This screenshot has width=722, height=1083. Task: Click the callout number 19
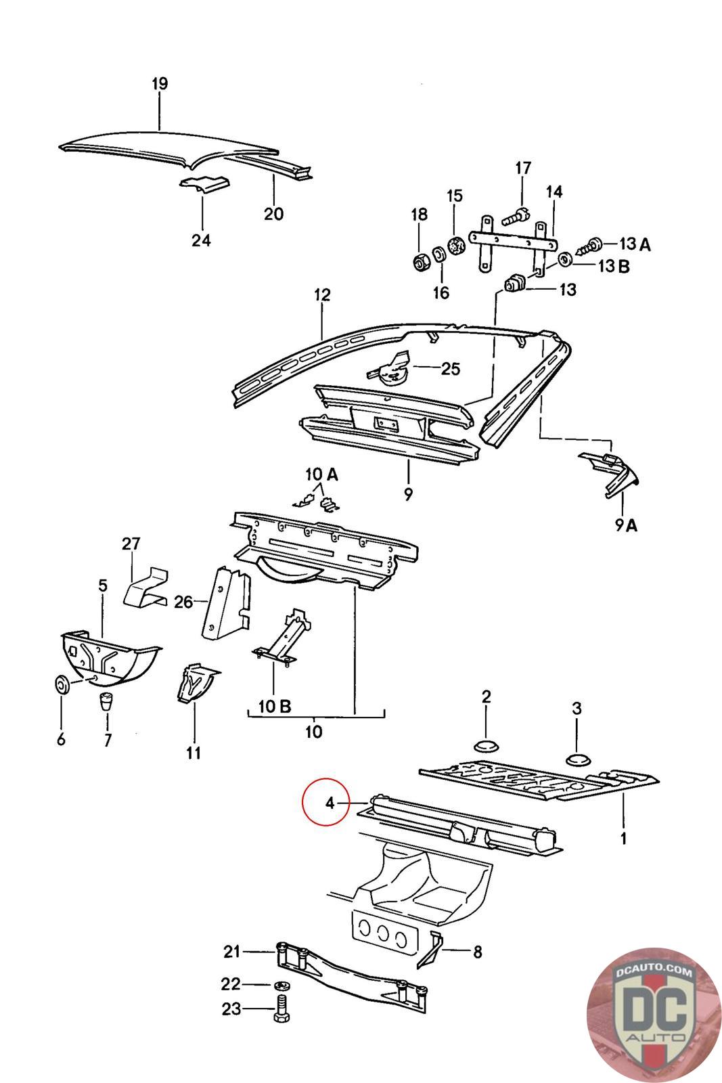[x=159, y=84]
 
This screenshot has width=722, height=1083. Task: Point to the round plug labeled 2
[x=486, y=745]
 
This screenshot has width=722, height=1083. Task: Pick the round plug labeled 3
[x=577, y=758]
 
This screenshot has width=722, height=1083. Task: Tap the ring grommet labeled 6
[x=61, y=685]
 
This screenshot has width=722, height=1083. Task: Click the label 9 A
[x=627, y=524]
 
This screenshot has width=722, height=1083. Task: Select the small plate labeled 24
[x=204, y=185]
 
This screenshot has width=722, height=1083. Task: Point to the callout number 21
[x=232, y=952]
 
